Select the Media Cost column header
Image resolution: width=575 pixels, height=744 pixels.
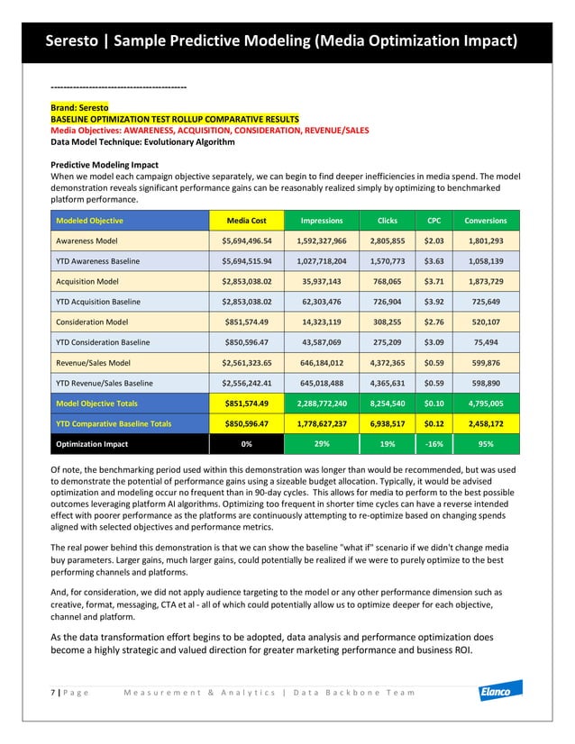click(x=246, y=221)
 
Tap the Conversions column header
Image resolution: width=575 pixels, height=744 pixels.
click(x=485, y=221)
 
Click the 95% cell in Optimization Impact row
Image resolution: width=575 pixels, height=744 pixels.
click(x=485, y=444)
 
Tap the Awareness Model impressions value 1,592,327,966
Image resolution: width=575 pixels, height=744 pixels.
click(x=321, y=241)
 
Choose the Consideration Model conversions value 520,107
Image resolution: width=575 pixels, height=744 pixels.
click(x=485, y=322)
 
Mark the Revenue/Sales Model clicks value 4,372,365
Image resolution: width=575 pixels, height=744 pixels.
click(x=386, y=363)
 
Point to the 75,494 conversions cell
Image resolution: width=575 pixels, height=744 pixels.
click(x=485, y=342)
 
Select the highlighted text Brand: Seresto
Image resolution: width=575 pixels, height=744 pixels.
click(x=79, y=108)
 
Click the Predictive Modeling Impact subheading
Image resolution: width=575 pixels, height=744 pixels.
click(x=105, y=165)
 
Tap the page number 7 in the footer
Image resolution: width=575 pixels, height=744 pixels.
click(x=54, y=692)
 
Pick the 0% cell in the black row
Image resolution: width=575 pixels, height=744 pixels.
click(x=246, y=444)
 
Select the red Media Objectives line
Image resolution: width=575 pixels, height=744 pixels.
click(x=209, y=130)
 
